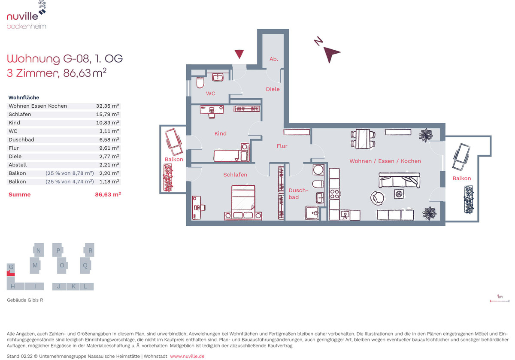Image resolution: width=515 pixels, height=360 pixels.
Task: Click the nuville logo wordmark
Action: click(22, 16)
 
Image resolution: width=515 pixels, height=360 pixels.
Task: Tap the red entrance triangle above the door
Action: click(239, 54)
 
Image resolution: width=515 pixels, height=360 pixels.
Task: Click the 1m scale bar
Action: click(500, 301)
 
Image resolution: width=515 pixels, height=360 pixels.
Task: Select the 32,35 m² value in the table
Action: click(107, 106)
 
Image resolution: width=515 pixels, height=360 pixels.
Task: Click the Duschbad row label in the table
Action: click(21, 139)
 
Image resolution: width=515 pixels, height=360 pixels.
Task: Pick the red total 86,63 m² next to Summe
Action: click(108, 194)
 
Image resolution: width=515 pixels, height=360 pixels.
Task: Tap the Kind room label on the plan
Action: click(220, 133)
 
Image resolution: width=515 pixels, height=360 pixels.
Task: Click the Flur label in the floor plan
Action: click(282, 146)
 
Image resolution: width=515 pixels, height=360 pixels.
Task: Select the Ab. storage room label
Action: click(274, 59)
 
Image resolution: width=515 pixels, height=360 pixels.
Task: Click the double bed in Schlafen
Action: click(243, 203)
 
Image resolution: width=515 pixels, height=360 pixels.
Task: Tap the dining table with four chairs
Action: click(363, 139)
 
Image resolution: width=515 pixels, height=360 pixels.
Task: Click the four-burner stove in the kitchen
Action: click(334, 194)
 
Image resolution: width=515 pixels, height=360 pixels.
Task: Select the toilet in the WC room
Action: click(200, 83)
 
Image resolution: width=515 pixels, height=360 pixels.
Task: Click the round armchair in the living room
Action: click(377, 198)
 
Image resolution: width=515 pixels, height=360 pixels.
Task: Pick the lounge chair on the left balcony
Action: click(174, 142)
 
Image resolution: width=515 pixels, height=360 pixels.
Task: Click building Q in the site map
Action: click(85, 266)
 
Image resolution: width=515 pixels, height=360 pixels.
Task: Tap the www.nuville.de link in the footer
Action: click(187, 356)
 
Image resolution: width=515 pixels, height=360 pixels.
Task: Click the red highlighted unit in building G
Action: click(11, 273)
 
